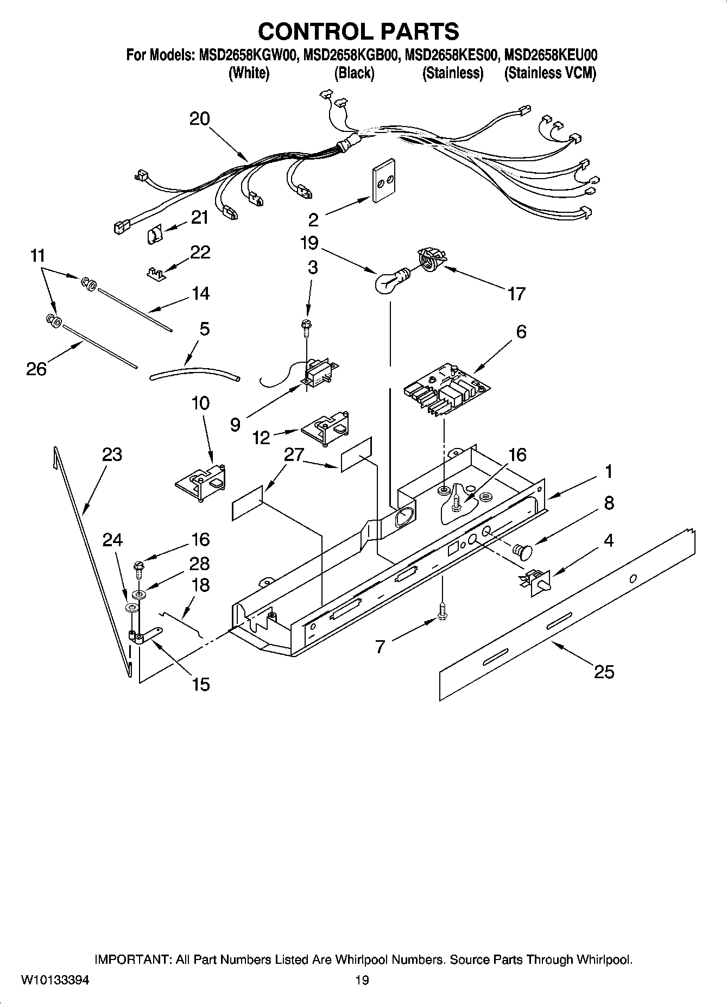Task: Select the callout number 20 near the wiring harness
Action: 199,119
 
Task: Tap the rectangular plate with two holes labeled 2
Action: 383,181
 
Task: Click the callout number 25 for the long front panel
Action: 604,672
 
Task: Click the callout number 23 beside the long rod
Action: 112,455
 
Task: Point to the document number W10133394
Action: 55,980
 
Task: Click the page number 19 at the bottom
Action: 362,980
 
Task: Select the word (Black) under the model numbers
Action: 354,73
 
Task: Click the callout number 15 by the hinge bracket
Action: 200,684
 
